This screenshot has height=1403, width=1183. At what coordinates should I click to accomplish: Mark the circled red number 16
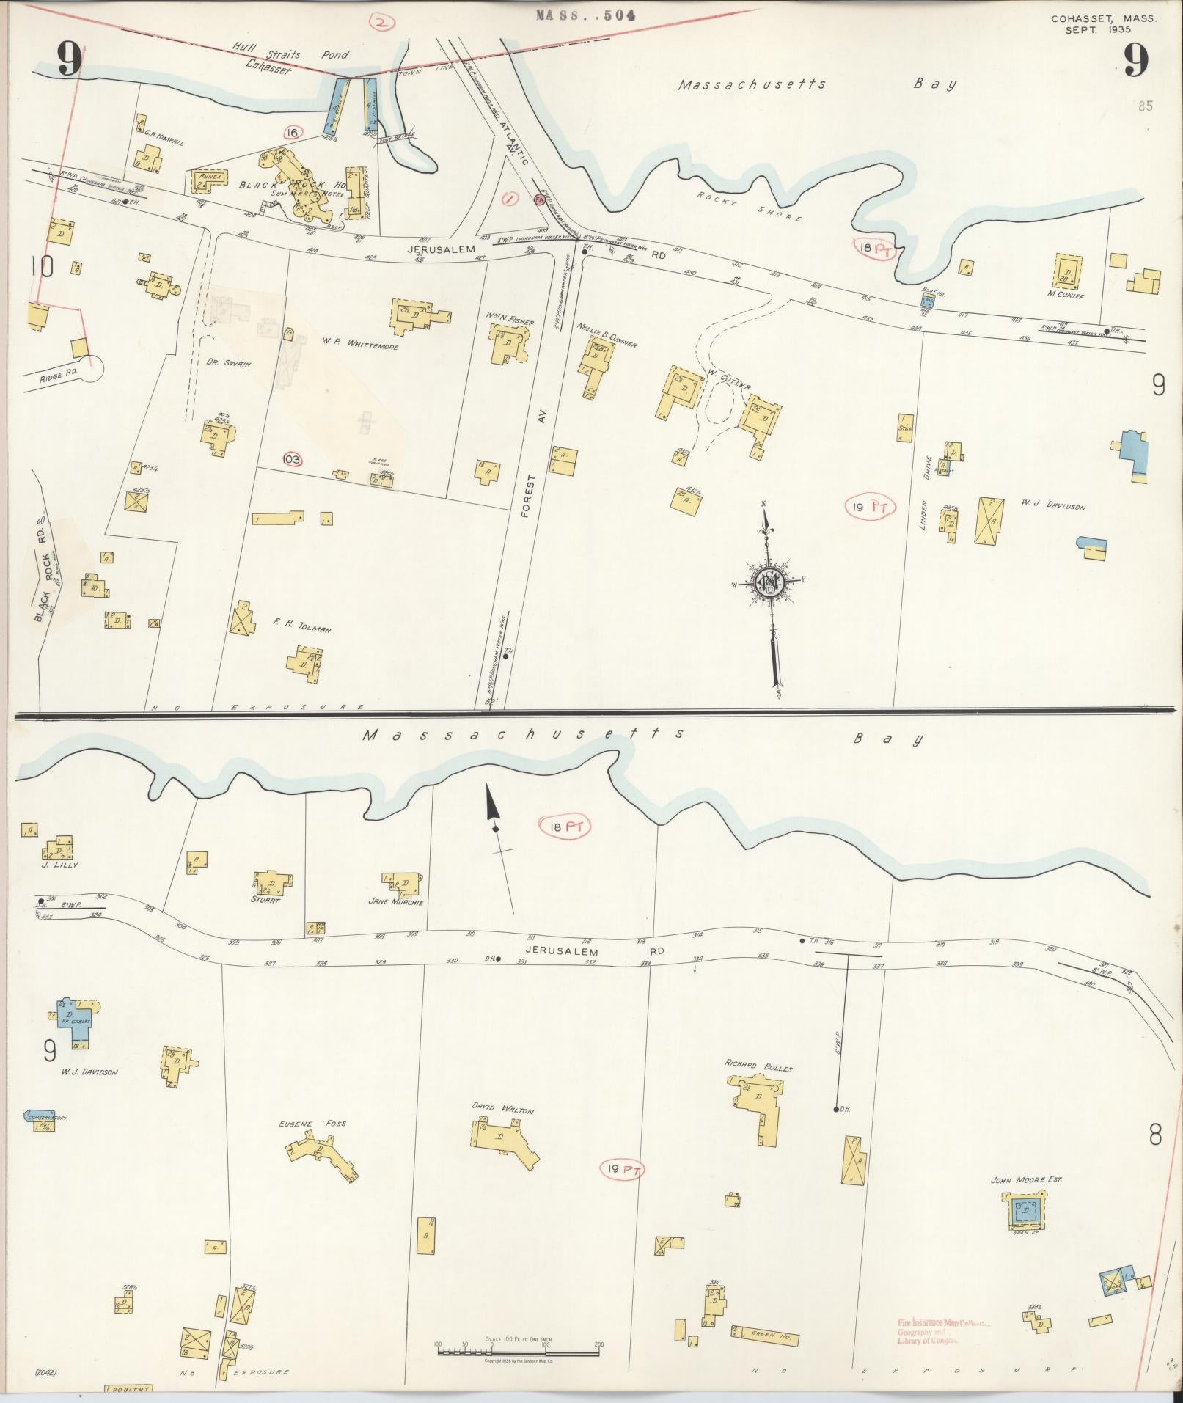(x=292, y=132)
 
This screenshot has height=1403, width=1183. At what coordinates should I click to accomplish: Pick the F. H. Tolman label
(x=302, y=628)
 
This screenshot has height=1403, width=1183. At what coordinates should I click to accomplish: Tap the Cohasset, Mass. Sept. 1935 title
(x=1102, y=25)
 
